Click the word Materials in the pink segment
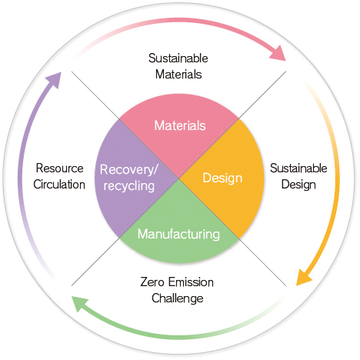tap(180, 125)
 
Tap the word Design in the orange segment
tap(222, 178)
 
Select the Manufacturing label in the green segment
tap(178, 235)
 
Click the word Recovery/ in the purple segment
tap(129, 170)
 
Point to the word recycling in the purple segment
tap(129, 185)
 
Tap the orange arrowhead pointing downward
tap(304, 278)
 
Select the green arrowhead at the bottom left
tap(79, 303)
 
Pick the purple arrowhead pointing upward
tap(54, 80)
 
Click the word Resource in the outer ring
tap(60, 168)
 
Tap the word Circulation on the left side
tap(59, 185)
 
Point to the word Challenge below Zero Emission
tap(178, 298)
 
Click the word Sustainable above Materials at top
tap(178, 58)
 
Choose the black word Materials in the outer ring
tap(178, 75)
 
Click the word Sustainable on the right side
tap(298, 168)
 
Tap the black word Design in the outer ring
tap(298, 185)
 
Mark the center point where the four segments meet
tap(179, 178)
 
